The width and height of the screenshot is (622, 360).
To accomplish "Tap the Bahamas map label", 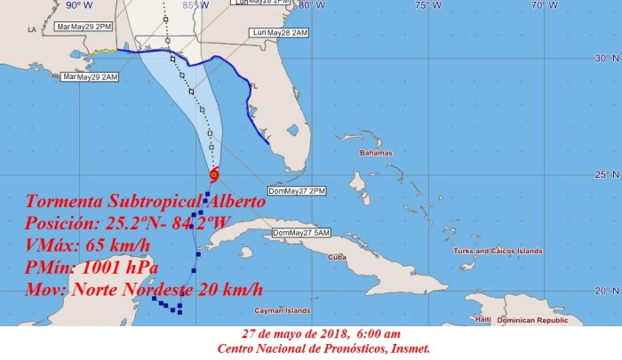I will [x=376, y=154].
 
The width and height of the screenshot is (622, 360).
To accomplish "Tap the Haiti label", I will [x=484, y=318].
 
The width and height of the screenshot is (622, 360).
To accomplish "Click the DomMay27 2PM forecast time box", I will [x=287, y=193].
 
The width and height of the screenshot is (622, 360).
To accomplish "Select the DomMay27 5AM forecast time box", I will [x=301, y=233].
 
